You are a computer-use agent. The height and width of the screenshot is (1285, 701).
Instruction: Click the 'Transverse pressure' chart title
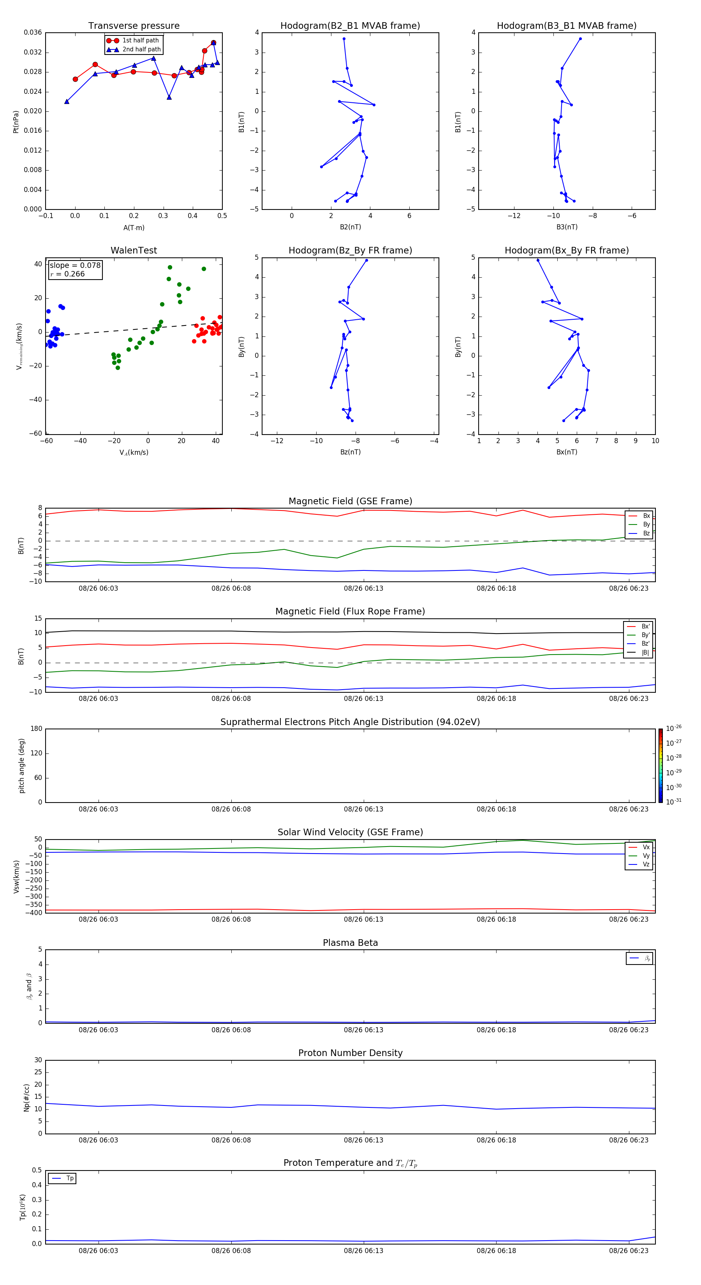tap(134, 26)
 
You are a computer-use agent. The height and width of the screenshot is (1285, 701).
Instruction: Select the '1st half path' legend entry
tap(140, 40)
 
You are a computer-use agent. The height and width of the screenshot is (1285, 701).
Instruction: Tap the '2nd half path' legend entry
tap(141, 49)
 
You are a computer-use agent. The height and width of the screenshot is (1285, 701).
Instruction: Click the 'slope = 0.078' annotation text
tap(75, 266)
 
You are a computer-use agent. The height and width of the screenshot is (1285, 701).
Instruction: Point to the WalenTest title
tap(134, 250)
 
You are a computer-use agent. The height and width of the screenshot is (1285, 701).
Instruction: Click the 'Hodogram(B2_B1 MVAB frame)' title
tap(350, 26)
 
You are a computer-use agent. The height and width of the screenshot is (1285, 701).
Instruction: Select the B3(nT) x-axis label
tap(567, 227)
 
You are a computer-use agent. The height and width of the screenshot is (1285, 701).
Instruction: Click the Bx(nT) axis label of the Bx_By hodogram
tap(567, 452)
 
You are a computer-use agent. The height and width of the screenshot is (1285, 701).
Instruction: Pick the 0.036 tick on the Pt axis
tap(33, 33)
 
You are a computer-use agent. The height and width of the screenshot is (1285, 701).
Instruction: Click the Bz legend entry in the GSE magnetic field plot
tap(646, 533)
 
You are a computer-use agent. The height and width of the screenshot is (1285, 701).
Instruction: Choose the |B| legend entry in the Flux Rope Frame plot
tap(645, 653)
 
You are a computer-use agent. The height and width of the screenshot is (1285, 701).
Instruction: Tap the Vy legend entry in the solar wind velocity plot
tap(646, 855)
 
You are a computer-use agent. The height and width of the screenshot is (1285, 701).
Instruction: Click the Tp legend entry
tap(70, 1178)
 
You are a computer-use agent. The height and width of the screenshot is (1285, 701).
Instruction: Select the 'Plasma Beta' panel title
tap(350, 943)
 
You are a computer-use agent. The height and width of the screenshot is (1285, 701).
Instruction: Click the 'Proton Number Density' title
tap(350, 1053)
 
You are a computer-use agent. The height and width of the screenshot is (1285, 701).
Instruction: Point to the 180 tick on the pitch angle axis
tap(37, 729)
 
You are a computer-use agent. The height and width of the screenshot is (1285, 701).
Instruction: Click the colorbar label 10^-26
tap(674, 728)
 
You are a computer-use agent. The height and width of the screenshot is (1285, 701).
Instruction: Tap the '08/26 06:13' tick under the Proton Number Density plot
tap(363, 1140)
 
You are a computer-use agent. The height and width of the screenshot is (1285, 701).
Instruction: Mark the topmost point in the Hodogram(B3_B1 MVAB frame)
tap(580, 39)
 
